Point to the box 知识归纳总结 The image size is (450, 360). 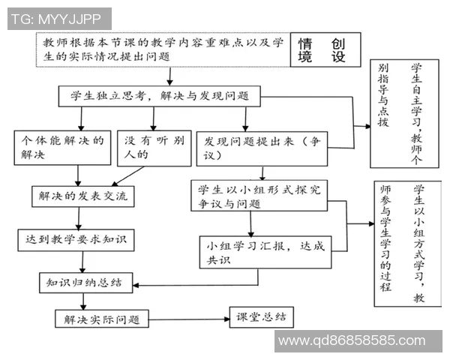85,282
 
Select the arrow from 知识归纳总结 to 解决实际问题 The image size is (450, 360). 84,300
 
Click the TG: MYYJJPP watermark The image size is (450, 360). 58,19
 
